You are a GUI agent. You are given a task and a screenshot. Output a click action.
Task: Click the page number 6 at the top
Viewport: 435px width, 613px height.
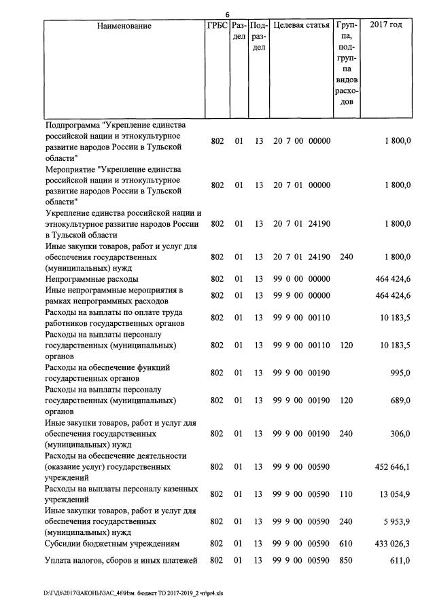click(228, 14)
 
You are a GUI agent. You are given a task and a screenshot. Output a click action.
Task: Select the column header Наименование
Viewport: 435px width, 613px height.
click(124, 26)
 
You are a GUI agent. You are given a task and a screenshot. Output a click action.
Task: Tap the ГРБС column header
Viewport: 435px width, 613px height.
click(217, 26)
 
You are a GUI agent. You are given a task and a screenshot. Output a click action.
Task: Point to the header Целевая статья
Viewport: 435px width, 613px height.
click(301, 26)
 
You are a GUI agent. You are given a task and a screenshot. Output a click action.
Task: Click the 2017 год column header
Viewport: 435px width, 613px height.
click(385, 26)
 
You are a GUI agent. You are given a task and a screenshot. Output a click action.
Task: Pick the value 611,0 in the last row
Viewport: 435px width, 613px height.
click(399, 561)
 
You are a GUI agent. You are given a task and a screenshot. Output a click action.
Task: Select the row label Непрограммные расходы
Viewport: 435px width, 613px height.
click(92, 279)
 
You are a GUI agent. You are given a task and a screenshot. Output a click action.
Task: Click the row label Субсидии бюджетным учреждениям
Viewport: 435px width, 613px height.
click(112, 544)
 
